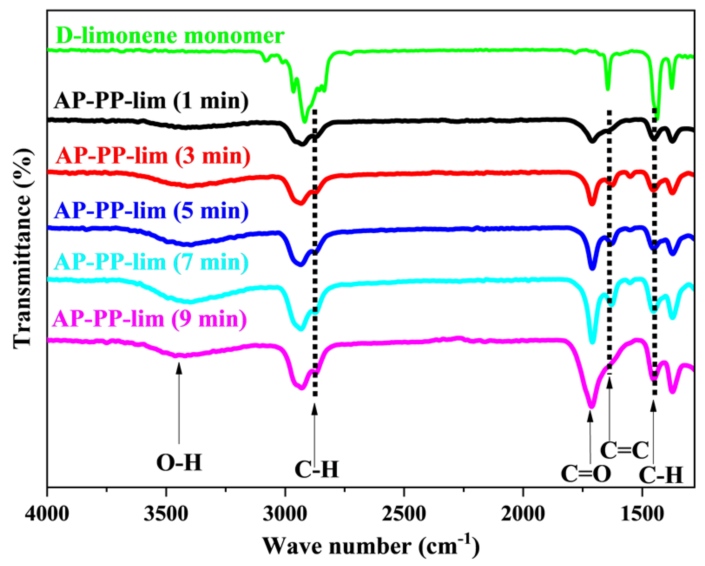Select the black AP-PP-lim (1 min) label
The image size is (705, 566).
click(x=151, y=100)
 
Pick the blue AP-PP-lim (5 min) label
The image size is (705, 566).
click(x=151, y=211)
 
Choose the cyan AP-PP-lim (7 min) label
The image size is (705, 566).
click(x=151, y=262)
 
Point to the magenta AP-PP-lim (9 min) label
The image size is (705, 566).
click(x=150, y=319)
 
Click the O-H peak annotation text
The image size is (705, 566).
click(x=179, y=463)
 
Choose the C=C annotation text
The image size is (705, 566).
click(x=624, y=450)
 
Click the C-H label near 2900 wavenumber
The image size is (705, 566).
click(x=316, y=470)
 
